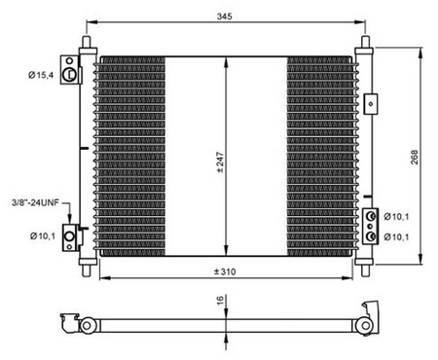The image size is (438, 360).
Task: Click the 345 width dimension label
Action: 225,16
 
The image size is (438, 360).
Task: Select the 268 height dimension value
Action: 415,157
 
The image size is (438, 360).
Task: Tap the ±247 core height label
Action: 220,162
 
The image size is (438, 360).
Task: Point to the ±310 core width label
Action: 225,271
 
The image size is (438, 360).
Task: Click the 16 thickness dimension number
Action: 220,300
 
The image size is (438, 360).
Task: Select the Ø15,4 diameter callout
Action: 41,75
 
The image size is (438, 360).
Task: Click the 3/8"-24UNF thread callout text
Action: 35,202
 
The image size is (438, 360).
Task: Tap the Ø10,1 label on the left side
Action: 43,235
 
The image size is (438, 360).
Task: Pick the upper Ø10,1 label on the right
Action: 396,216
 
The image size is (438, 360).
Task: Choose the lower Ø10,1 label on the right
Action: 396,237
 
